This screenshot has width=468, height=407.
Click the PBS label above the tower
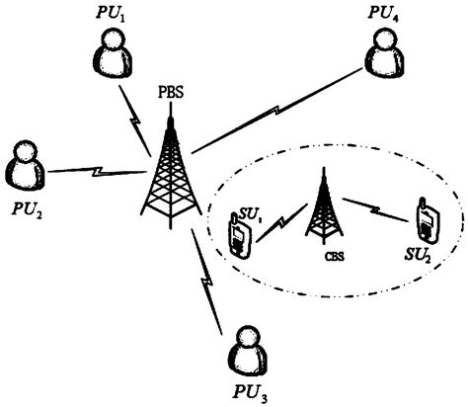coord(169,96)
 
